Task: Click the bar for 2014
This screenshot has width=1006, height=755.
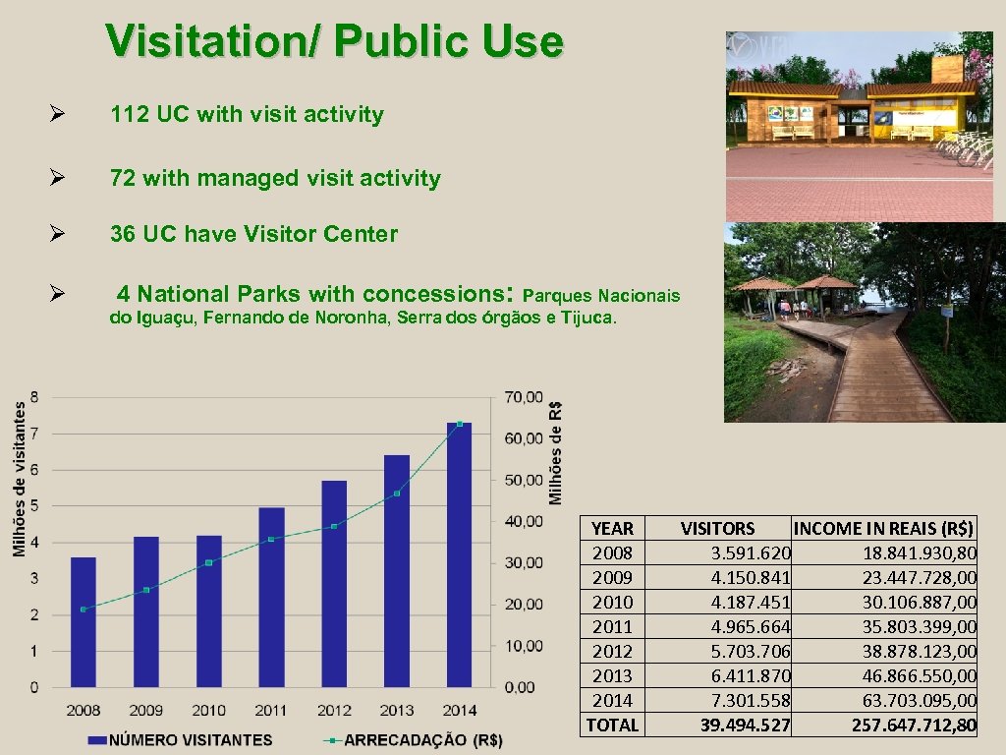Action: (459, 554)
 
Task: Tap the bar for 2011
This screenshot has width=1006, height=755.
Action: (271, 597)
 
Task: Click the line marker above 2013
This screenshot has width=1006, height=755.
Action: (397, 494)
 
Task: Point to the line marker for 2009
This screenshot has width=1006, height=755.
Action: (146, 590)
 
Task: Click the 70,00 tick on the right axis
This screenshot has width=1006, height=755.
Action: (522, 397)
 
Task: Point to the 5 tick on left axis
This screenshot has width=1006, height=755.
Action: (35, 506)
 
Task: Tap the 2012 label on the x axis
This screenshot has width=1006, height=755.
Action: (334, 710)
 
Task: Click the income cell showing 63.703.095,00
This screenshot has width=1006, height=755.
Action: (920, 700)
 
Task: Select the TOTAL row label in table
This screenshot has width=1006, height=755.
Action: (612, 726)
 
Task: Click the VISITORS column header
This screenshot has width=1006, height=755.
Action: (717, 529)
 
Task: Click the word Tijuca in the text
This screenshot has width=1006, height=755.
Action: (587, 319)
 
